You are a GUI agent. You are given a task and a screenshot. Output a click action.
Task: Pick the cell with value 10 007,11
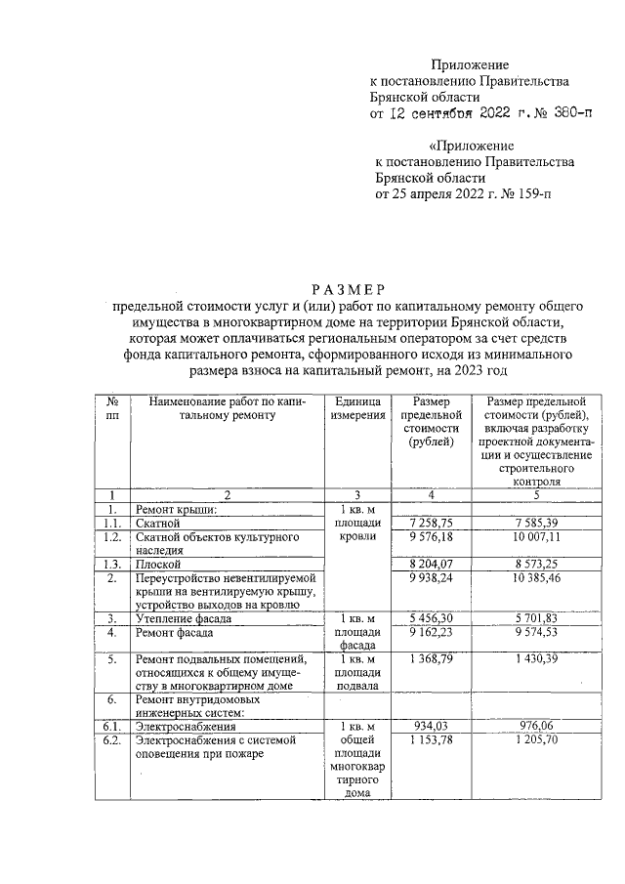click(528, 537)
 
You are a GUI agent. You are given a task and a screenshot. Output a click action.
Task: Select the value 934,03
click(430, 728)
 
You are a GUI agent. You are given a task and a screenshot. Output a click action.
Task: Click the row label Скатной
click(159, 524)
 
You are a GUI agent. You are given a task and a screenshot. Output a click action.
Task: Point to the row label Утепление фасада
click(184, 618)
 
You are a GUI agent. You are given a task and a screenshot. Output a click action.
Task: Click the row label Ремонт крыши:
click(176, 509)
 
